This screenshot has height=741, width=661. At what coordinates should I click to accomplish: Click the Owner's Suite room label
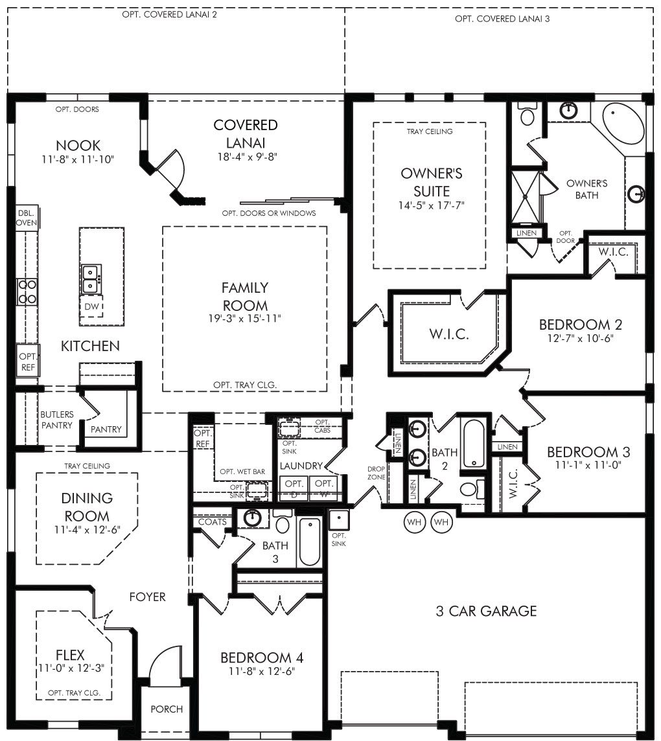[x=431, y=182]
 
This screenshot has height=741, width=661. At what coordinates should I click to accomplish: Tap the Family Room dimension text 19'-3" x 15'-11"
[x=244, y=319]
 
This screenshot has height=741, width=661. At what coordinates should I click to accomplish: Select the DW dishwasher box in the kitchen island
[x=91, y=307]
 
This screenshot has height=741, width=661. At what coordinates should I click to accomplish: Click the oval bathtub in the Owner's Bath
[x=623, y=128]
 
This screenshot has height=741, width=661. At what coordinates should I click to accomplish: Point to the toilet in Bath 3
[x=283, y=522]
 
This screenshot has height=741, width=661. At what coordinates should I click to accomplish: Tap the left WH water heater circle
[x=413, y=522]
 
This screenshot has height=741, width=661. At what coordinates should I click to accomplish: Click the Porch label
[x=167, y=709]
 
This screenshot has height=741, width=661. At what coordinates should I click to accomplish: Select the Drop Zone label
[x=377, y=473]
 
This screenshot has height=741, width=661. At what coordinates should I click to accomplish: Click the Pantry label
[x=106, y=429]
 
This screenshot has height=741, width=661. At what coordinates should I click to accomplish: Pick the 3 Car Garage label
[x=486, y=611]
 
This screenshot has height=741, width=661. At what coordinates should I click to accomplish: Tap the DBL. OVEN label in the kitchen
[x=26, y=218]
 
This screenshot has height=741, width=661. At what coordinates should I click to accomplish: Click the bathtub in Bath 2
[x=473, y=444]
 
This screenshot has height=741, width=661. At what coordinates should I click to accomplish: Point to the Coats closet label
[x=213, y=521]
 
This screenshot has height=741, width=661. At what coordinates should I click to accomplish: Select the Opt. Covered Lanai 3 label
[x=502, y=19]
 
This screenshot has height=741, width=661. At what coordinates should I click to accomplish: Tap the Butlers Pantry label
[x=57, y=420]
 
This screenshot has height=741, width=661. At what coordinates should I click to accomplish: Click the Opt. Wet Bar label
[x=242, y=472]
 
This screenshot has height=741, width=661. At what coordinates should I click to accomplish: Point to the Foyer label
[x=148, y=597]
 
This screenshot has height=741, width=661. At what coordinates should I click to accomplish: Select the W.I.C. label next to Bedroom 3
[x=513, y=483]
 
